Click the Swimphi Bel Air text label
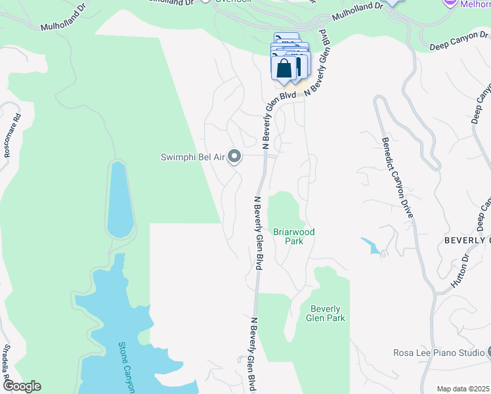pyautogui.click(x=194, y=157)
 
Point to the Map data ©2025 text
pyautogui.click(x=463, y=389)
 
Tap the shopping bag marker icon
pyautogui.click(x=284, y=68)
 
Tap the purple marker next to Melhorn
pyautogui.click(x=450, y=3)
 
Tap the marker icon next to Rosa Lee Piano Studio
pyautogui.click(x=488, y=353)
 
